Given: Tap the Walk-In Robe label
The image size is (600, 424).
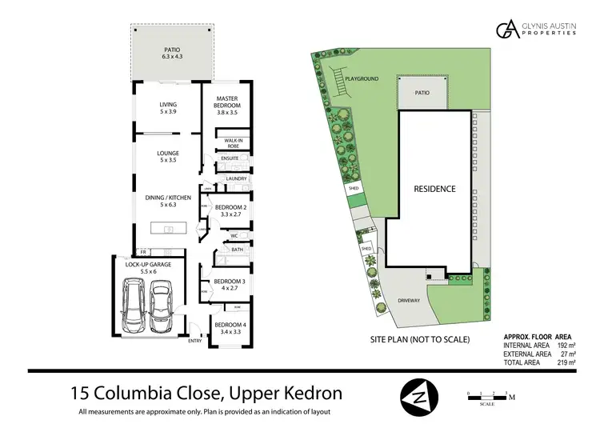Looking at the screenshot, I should (234, 142).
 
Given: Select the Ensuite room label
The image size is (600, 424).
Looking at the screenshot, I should (230, 158).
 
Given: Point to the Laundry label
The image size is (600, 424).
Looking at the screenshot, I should (235, 178).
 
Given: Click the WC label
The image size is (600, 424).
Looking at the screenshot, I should (235, 235).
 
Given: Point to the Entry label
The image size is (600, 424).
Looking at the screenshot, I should (194, 342).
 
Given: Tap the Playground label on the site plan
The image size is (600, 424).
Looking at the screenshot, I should (362, 78).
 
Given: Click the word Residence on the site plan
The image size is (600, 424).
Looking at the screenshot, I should (434, 190).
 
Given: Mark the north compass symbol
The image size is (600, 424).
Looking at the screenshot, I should (419, 395).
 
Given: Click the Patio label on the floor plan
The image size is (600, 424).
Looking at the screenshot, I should (172, 54).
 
